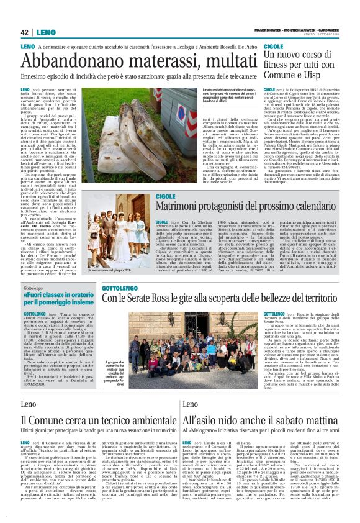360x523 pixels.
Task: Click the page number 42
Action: (x=25, y=32)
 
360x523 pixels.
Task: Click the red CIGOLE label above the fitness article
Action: (x=272, y=47)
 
